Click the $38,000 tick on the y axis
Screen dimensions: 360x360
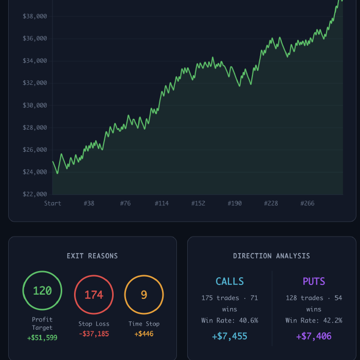[x=35, y=16]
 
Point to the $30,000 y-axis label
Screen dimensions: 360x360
[x=35, y=105]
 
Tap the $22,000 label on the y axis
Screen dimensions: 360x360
[x=35, y=194]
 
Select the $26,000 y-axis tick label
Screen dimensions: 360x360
[x=35, y=150]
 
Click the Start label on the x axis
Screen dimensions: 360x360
[x=52, y=204]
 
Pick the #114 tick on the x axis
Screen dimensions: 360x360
[x=161, y=204]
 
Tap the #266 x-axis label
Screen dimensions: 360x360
[x=308, y=204]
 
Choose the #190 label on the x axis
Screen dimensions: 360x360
[x=235, y=204]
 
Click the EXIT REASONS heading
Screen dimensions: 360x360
[x=92, y=256]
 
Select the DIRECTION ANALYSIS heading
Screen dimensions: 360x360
[x=272, y=256]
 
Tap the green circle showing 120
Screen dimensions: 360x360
[x=42, y=291]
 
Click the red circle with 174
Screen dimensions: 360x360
[x=94, y=295]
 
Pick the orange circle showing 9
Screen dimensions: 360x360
[x=144, y=295]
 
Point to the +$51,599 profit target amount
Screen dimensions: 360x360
[x=42, y=338]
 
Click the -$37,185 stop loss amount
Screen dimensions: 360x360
[x=94, y=334]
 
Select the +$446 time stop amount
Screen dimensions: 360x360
[x=144, y=334]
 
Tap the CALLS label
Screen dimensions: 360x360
[x=229, y=282]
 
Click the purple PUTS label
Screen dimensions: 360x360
[x=314, y=282]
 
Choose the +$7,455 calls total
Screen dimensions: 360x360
[x=229, y=336]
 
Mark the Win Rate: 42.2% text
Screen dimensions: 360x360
[x=314, y=320]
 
